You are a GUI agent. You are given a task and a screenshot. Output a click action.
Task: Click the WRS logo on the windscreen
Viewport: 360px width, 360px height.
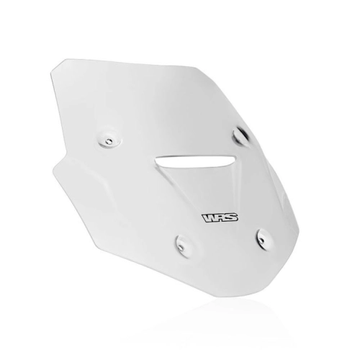[x=220, y=217]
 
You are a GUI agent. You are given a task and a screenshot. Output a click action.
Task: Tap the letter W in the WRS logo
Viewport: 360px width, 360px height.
[x=209, y=218]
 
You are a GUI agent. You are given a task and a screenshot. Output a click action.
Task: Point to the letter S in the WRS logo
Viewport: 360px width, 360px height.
[x=232, y=217]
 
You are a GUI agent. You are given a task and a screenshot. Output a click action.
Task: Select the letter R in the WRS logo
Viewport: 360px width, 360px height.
[x=221, y=217]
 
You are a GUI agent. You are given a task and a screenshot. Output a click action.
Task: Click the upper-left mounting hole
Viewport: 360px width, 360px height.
[x=109, y=142]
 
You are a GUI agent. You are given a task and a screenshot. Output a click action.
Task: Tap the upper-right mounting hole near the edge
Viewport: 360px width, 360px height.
[x=240, y=135]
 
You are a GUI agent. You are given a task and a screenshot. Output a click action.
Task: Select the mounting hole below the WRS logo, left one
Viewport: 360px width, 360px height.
[x=181, y=246]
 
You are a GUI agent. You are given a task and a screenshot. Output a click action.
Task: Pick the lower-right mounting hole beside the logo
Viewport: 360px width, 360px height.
[x=262, y=240]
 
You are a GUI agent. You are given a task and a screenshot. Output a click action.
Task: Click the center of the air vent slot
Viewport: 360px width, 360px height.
[x=195, y=161]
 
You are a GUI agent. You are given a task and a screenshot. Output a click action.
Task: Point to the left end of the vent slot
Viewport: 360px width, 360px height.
[x=156, y=159]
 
